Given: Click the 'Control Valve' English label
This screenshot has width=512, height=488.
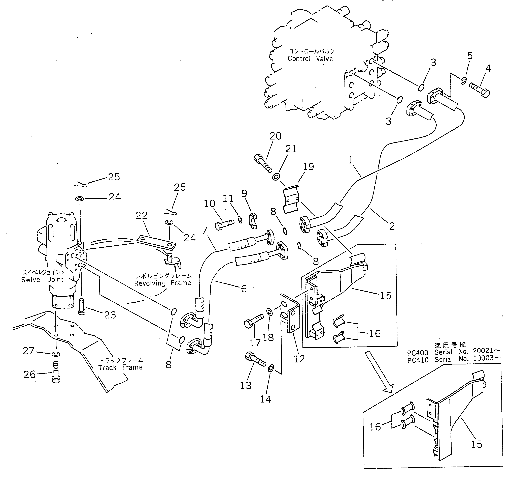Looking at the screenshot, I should pyautogui.click(x=310, y=59).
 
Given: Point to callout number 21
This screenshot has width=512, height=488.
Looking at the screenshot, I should pyautogui.click(x=291, y=149).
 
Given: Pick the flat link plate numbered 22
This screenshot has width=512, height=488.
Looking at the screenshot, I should pyautogui.click(x=156, y=242).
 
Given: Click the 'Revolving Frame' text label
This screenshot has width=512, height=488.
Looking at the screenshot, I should pyautogui.click(x=162, y=283).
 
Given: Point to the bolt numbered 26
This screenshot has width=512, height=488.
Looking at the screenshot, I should pyautogui.click(x=56, y=372).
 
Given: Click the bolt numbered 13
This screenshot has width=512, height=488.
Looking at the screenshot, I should pyautogui.click(x=255, y=359).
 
